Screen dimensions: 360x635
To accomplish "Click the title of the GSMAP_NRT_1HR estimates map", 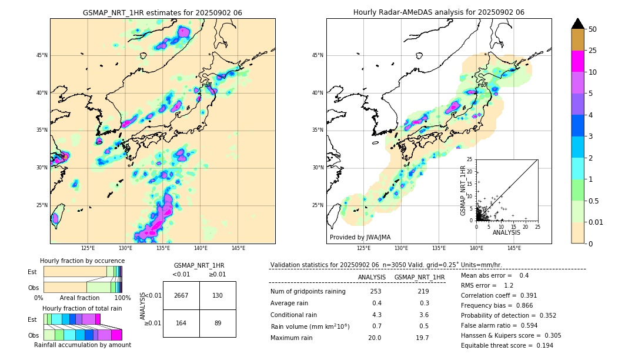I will [162, 12].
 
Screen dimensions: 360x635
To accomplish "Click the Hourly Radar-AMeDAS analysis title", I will [439, 12].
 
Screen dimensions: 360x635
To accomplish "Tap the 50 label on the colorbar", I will [593, 29].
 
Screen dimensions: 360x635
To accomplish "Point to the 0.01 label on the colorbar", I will [596, 222].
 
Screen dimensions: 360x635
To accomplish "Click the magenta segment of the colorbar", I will [578, 61].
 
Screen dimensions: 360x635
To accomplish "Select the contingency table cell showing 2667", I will [181, 295].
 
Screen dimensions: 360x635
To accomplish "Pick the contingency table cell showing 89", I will [218, 323].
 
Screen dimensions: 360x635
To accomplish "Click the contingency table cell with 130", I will [218, 295].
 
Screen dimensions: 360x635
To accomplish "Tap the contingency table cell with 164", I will [181, 323].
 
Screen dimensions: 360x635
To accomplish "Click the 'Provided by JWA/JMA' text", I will [360, 237].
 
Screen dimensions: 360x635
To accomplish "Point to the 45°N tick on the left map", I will [42, 55].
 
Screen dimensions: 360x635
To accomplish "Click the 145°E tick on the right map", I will [514, 249].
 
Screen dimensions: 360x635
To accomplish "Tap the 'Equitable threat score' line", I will [507, 345].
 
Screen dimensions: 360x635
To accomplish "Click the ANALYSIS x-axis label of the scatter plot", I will [506, 233].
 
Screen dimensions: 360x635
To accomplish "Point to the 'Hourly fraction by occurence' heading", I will [82, 261].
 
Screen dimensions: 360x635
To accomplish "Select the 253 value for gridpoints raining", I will [376, 292].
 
